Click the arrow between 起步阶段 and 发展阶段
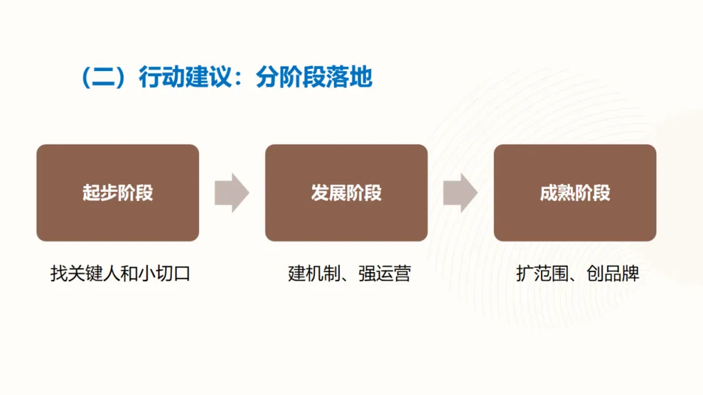(232, 193)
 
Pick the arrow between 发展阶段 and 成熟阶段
(460, 193)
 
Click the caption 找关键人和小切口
(120, 273)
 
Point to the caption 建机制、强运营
(350, 273)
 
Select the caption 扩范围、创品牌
(578, 273)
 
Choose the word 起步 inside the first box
(100, 193)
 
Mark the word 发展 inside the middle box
(329, 193)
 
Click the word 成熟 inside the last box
(557, 193)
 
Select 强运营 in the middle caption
(385, 273)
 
